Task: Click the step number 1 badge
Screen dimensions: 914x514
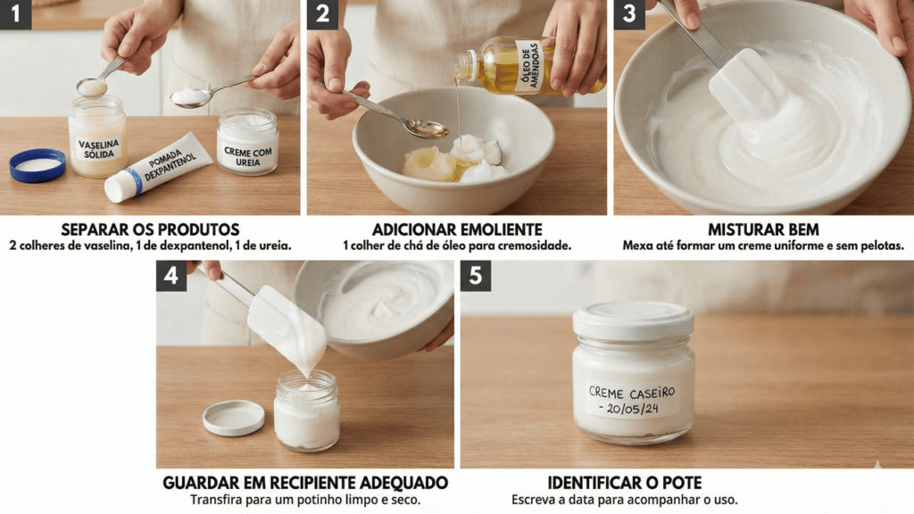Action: [16, 14]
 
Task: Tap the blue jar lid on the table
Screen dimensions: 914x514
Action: [37, 165]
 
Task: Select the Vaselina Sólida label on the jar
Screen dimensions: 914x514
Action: [99, 149]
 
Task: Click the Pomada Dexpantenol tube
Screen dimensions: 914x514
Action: [158, 167]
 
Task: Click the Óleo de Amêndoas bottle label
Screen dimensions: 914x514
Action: [529, 65]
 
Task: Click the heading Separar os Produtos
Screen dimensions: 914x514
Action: [150, 229]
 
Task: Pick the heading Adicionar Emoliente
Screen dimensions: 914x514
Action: [457, 229]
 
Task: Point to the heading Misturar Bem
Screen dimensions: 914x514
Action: [763, 229]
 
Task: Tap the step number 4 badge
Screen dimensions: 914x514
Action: [170, 275]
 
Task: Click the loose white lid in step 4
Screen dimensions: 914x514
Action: [233, 418]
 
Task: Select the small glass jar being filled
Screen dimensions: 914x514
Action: [307, 410]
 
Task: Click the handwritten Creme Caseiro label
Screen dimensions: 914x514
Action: [633, 400]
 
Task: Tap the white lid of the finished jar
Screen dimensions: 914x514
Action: [633, 320]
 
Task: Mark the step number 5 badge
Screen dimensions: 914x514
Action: [476, 275]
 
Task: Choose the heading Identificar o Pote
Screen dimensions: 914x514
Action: [624, 483]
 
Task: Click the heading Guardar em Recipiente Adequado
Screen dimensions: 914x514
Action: [305, 483]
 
